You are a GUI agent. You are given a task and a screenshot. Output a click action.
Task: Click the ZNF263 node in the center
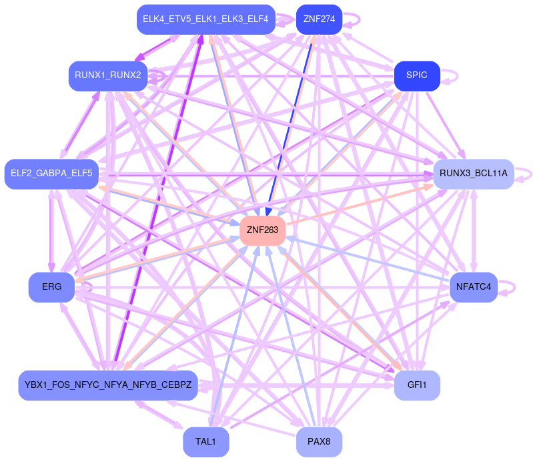pyautogui.click(x=263, y=230)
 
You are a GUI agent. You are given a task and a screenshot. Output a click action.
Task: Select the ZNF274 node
pyautogui.click(x=319, y=19)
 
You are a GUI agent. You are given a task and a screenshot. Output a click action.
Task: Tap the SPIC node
pyautogui.click(x=417, y=75)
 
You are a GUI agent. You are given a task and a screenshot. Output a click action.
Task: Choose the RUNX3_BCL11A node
pyautogui.click(x=473, y=174)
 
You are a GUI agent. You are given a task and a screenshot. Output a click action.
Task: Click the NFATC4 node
pyautogui.click(x=474, y=287)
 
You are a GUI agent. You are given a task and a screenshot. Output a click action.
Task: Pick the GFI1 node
pyautogui.click(x=417, y=385)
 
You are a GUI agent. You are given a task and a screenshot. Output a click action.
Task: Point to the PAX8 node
pyautogui.click(x=319, y=441)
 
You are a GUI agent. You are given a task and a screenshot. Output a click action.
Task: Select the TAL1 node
pyautogui.click(x=206, y=441)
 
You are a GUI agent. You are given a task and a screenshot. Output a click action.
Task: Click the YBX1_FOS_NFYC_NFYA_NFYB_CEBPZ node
pyautogui.click(x=108, y=385)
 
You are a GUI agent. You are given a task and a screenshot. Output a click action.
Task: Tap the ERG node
pyautogui.click(x=51, y=287)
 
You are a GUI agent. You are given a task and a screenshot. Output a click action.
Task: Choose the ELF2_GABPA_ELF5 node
pyautogui.click(x=51, y=174)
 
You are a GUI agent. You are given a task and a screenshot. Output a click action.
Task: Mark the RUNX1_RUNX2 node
pyautogui.click(x=108, y=75)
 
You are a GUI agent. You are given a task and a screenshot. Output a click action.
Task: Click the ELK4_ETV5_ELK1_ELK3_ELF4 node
pyautogui.click(x=206, y=19)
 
